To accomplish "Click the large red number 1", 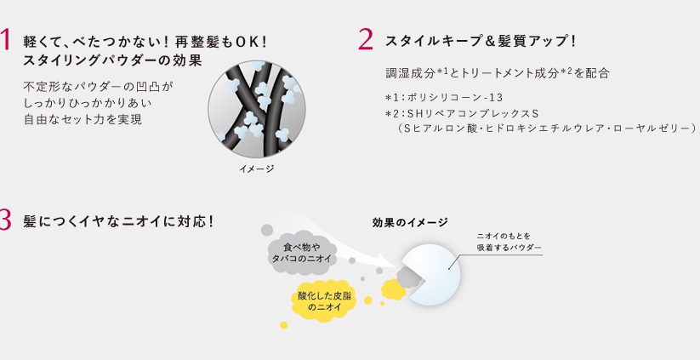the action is pos(4,39).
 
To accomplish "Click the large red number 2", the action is pos(365,39).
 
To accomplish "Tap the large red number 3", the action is pos(4,220).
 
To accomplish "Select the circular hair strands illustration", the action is pos(257,109).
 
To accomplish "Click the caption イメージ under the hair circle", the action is pos(257,169).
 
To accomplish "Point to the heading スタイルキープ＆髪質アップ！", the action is pos(481,42).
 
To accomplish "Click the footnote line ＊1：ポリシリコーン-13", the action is pos(444,97).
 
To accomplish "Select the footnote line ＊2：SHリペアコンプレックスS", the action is pos(462,113).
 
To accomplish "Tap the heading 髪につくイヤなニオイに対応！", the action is pos(119,221).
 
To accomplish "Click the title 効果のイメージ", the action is pos(410,222).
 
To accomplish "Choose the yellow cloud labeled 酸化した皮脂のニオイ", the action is pos(324,301).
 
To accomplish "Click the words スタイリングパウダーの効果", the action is pos(112,60).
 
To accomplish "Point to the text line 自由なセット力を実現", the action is pos(83,120).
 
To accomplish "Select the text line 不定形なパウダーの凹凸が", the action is pos(98,86).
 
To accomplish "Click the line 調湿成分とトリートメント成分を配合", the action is pos(498,72).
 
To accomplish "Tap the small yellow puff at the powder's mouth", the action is pos(393,289).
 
